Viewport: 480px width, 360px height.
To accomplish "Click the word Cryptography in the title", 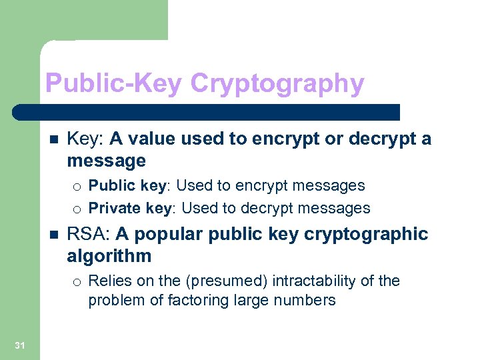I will pos(277,85).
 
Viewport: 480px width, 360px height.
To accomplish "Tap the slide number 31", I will pos(19,345).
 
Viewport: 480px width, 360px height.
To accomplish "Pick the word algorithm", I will pos(109,256).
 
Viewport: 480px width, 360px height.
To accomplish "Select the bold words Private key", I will pos(130,208).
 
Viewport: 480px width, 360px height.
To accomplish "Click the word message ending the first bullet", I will pos(106,161).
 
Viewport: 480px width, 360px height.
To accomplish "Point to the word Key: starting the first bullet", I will pos(85,139).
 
